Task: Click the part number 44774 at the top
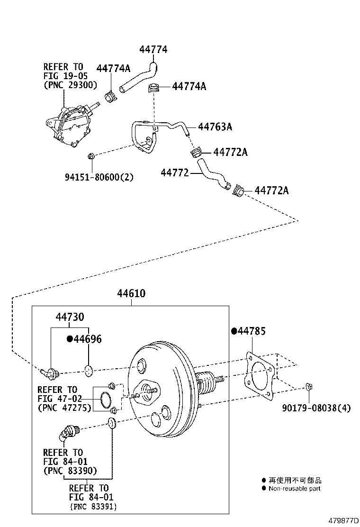(x=153, y=50)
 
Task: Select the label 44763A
(x=215, y=127)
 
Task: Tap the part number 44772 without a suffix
(x=175, y=174)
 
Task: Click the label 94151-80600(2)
(x=99, y=178)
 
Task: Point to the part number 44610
(x=131, y=294)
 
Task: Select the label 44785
(x=251, y=331)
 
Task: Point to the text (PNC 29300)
(x=70, y=85)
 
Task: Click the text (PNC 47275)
(x=64, y=408)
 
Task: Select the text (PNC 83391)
(x=93, y=507)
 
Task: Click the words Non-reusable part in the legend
(x=294, y=489)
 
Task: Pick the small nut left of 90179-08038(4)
(x=308, y=387)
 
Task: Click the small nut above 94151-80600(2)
(x=92, y=156)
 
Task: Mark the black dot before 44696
(x=70, y=339)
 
